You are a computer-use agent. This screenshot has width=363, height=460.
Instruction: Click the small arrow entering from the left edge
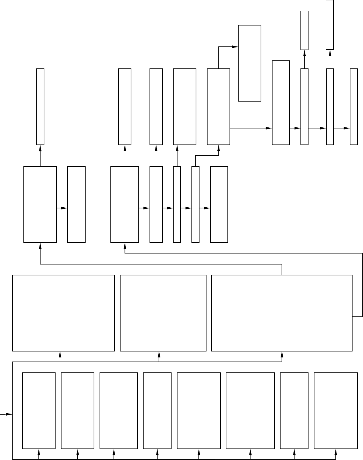coord(6,414)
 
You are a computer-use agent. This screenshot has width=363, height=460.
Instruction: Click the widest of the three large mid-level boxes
coord(282,313)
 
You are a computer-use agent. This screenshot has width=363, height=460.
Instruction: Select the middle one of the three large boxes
coord(163,313)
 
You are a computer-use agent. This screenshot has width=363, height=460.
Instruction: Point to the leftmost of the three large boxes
coord(64,313)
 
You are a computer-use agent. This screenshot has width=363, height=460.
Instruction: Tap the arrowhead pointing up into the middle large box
coord(159,354)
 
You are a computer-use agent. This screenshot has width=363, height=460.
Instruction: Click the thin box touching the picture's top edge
coord(330,24)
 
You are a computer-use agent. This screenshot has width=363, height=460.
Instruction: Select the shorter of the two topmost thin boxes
coord(304,30)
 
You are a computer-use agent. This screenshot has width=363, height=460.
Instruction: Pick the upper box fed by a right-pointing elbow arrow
coord(249,63)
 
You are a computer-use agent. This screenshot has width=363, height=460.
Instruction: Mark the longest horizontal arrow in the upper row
coord(251,128)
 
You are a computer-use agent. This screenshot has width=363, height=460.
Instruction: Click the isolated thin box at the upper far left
coord(41,106)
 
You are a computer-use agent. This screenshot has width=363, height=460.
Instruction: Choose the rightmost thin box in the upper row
coord(354,106)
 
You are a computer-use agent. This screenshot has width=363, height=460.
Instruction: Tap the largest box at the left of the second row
coord(40,204)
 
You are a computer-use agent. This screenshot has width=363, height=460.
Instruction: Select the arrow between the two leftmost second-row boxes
coord(62,208)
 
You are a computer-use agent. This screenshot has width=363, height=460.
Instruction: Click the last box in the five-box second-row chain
coord(219,204)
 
